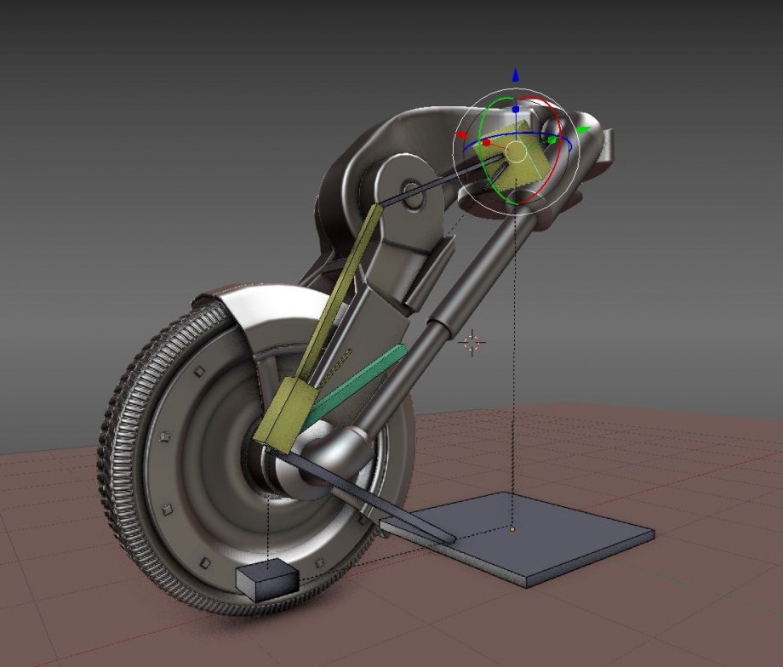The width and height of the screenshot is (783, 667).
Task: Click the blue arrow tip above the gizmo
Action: [516, 76]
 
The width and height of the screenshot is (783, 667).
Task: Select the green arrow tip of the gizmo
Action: [583, 130]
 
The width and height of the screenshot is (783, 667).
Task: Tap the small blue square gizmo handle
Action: [516, 110]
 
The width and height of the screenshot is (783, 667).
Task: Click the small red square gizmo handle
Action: [486, 143]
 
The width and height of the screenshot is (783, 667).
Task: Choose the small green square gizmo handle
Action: [552, 139]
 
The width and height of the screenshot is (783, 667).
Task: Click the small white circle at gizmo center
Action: [516, 152]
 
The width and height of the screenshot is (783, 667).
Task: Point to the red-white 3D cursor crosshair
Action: [472, 342]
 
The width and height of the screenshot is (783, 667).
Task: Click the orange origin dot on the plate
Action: [512, 529]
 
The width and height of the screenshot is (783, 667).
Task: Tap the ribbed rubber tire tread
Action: [128, 476]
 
